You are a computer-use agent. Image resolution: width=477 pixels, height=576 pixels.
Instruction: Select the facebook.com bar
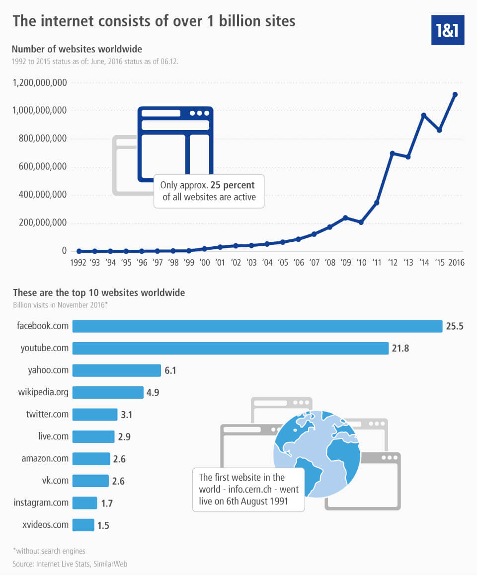257,326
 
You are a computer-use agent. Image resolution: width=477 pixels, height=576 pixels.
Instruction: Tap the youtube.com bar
231,348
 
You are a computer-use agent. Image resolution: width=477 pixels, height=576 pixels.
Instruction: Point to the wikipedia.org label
43,392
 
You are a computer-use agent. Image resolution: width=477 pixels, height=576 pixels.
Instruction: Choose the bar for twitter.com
93,415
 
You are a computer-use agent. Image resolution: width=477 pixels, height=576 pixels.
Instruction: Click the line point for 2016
455,94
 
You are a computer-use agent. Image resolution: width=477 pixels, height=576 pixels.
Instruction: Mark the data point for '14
424,115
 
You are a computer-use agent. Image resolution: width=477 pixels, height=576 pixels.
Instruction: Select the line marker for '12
393,153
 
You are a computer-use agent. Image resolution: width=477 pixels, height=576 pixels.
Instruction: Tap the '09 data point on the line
345,217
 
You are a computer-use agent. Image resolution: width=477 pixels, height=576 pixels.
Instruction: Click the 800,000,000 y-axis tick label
39,139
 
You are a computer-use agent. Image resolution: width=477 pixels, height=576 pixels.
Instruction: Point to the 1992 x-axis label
79,263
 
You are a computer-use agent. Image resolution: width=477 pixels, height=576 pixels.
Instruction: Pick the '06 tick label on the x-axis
298,263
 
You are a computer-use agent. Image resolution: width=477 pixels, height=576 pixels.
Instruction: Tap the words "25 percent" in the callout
232,185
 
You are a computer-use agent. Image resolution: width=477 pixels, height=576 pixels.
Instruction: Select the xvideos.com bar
83,525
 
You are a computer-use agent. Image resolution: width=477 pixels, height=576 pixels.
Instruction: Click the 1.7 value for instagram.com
107,503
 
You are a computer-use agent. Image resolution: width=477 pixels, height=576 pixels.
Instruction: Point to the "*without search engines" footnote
49,550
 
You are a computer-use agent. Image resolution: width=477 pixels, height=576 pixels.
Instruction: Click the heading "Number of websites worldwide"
77,49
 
